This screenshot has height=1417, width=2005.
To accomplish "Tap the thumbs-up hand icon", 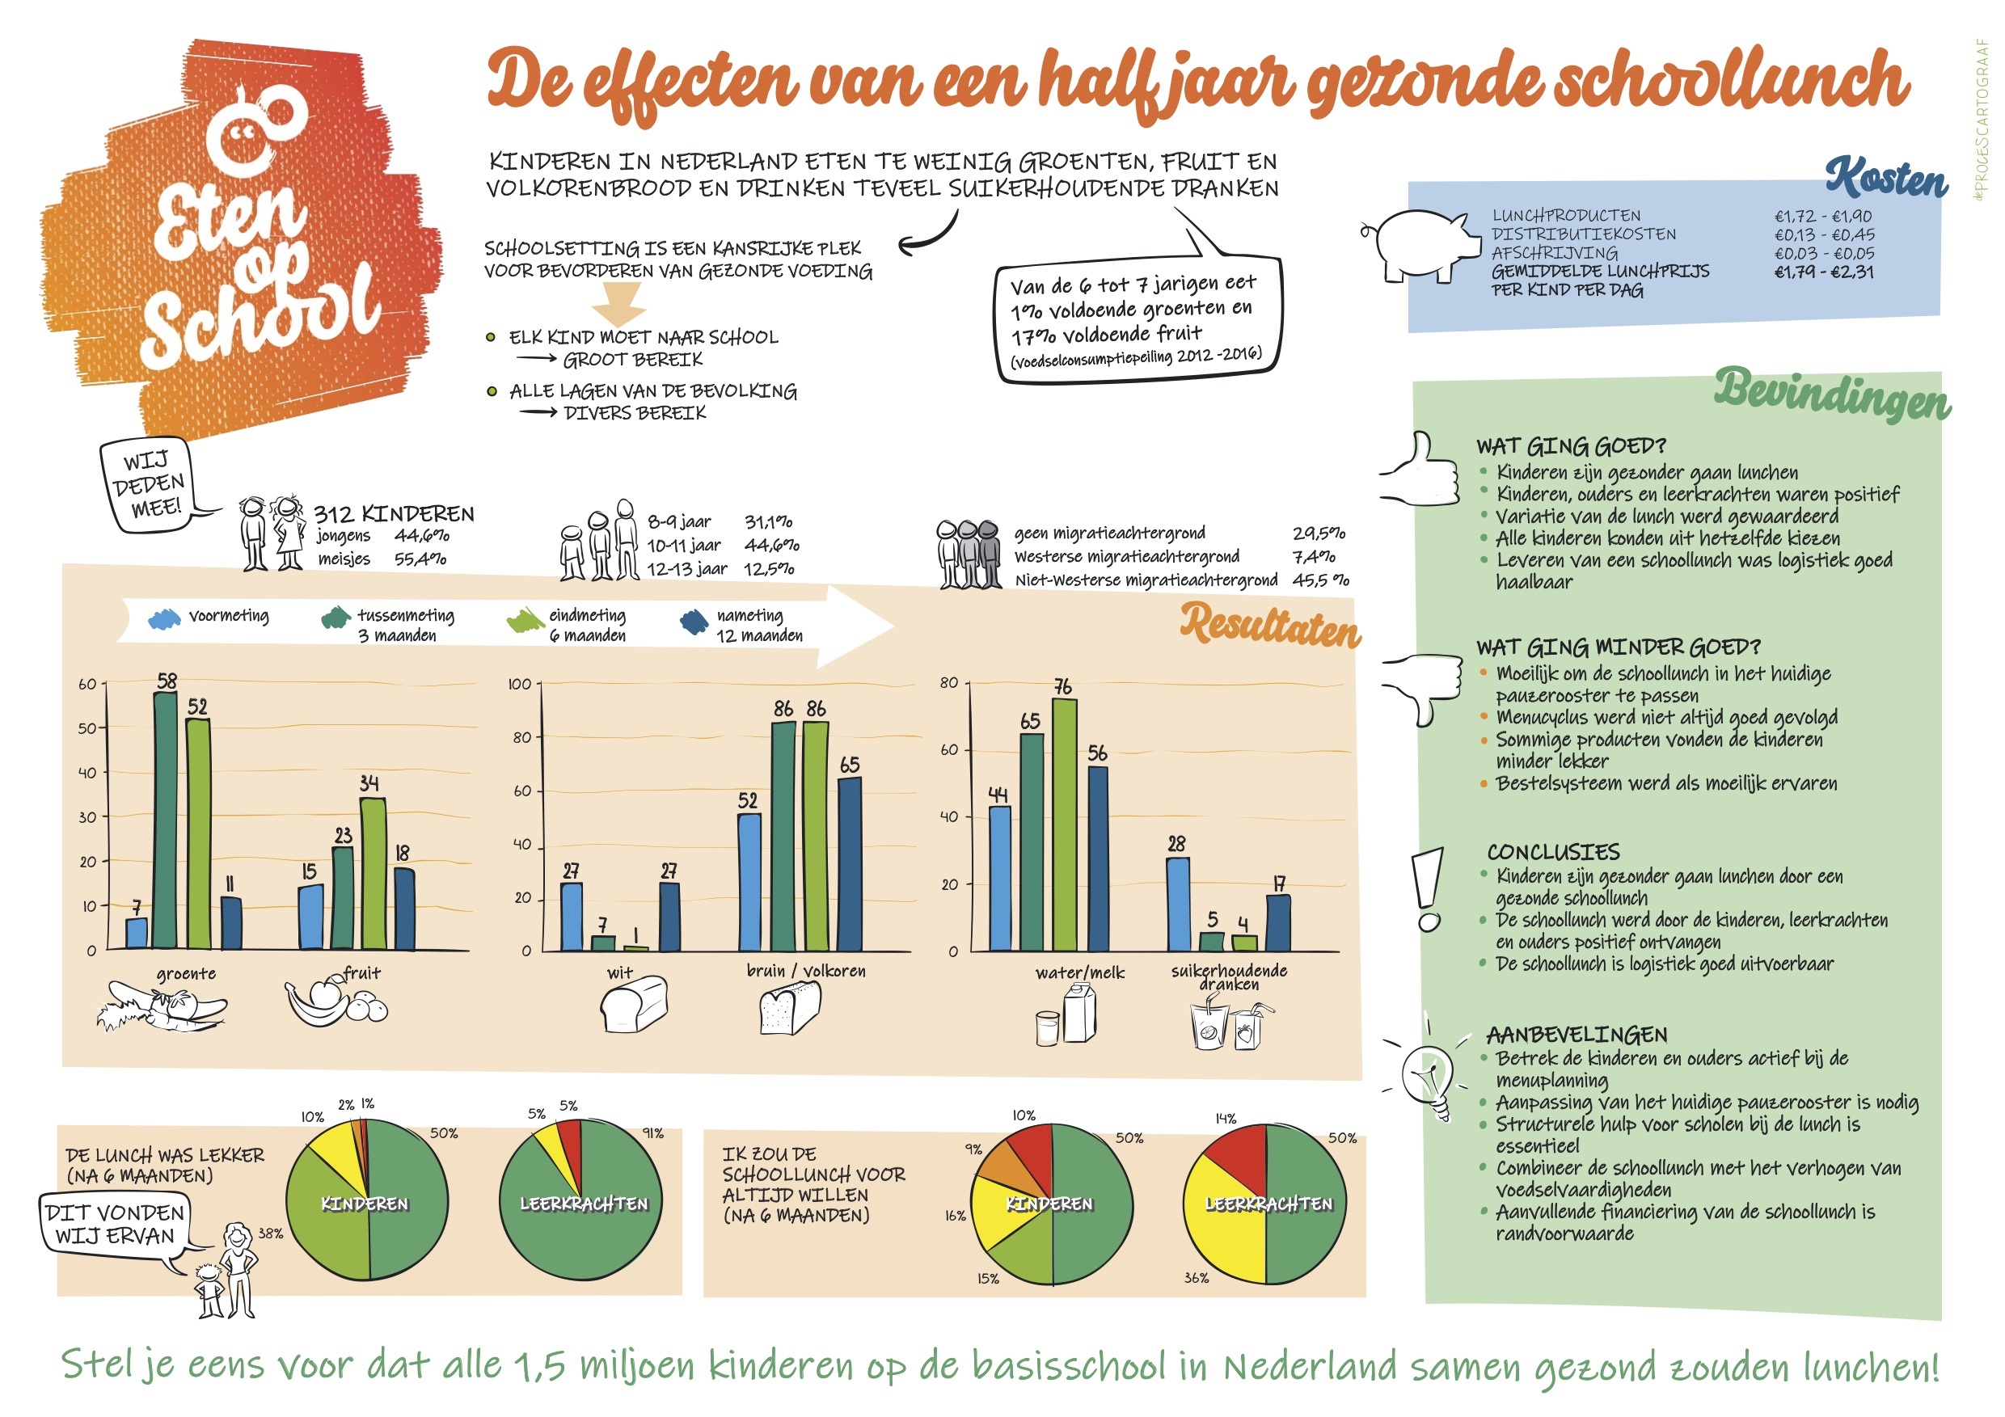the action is pyautogui.click(x=1420, y=469).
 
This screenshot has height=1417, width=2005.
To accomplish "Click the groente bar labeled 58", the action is pyautogui.click(x=165, y=820).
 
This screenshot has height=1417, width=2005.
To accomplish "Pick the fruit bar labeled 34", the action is pyautogui.click(x=373, y=873).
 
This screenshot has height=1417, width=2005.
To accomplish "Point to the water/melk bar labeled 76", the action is pyautogui.click(x=1065, y=824).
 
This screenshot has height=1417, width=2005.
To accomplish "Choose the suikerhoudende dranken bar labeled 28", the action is pyautogui.click(x=1178, y=905).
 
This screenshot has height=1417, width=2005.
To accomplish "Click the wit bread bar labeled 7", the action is pyautogui.click(x=603, y=943).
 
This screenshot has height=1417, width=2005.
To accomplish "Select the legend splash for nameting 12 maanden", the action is pyautogui.click(x=694, y=622).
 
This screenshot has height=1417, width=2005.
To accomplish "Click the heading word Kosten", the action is pyautogui.click(x=1885, y=179).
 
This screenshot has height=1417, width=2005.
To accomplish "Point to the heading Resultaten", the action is pyautogui.click(x=1270, y=625).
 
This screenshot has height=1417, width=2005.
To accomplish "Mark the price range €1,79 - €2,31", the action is pyautogui.click(x=1823, y=272).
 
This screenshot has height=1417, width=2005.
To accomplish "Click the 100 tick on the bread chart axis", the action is pyautogui.click(x=520, y=684).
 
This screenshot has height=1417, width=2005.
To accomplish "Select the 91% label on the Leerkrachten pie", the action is pyautogui.click(x=653, y=1133).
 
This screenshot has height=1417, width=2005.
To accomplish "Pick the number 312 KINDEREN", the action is pyautogui.click(x=394, y=513).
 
